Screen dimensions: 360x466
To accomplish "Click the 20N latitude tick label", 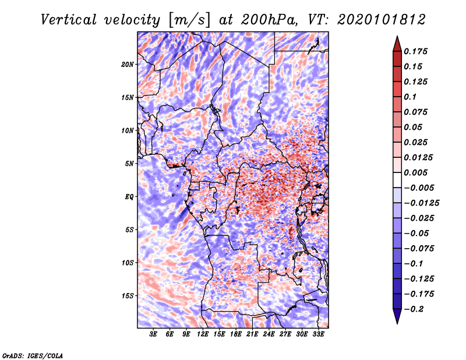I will [128, 64].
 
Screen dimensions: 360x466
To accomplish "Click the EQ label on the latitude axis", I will [129, 196].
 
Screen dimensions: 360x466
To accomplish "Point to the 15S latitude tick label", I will [128, 295].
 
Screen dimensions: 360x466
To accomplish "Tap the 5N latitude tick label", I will [129, 163].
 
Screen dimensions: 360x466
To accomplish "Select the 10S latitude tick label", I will [128, 262].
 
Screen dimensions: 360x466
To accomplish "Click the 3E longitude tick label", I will [154, 334].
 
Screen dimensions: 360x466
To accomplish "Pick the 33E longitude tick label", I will [319, 334].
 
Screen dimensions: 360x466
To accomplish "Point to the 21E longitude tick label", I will [253, 334].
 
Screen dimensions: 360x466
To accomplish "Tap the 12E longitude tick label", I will [203, 334].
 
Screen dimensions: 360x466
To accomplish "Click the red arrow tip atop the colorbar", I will [397, 42].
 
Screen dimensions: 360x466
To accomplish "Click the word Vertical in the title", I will [69, 19].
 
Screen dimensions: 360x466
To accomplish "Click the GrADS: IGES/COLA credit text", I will [32, 355].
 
